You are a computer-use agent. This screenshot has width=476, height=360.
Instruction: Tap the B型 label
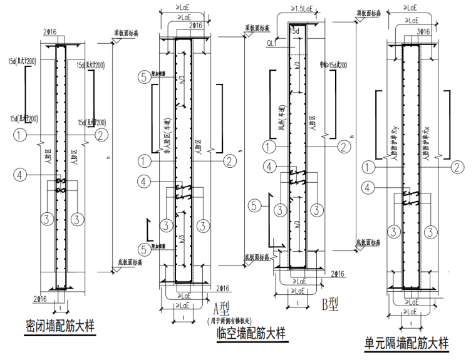(x=329, y=305)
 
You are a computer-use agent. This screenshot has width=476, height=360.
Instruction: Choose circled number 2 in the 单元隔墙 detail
(x=458, y=167)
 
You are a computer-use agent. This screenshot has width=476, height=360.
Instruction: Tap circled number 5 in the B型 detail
(x=254, y=204)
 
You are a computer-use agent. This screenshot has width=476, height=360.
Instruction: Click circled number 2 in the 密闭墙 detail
(x=100, y=134)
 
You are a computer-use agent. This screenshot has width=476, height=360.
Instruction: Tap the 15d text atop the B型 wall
(x=294, y=30)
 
